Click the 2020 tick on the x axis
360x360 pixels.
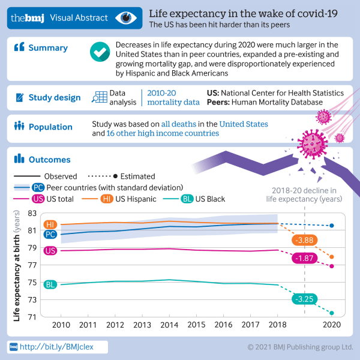pyautogui.click(x=331, y=325)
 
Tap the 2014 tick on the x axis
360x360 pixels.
pyautogui.click(x=168, y=325)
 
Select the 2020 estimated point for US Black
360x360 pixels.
pyautogui.click(x=331, y=313)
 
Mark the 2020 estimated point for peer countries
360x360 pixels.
pyautogui.click(x=331, y=226)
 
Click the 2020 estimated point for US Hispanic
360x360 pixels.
pyautogui.click(x=331, y=257)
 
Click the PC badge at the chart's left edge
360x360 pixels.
pyautogui.click(x=51, y=234)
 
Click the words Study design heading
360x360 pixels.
pyautogui.click(x=55, y=97)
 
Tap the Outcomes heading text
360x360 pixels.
pyautogui.click(x=50, y=160)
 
